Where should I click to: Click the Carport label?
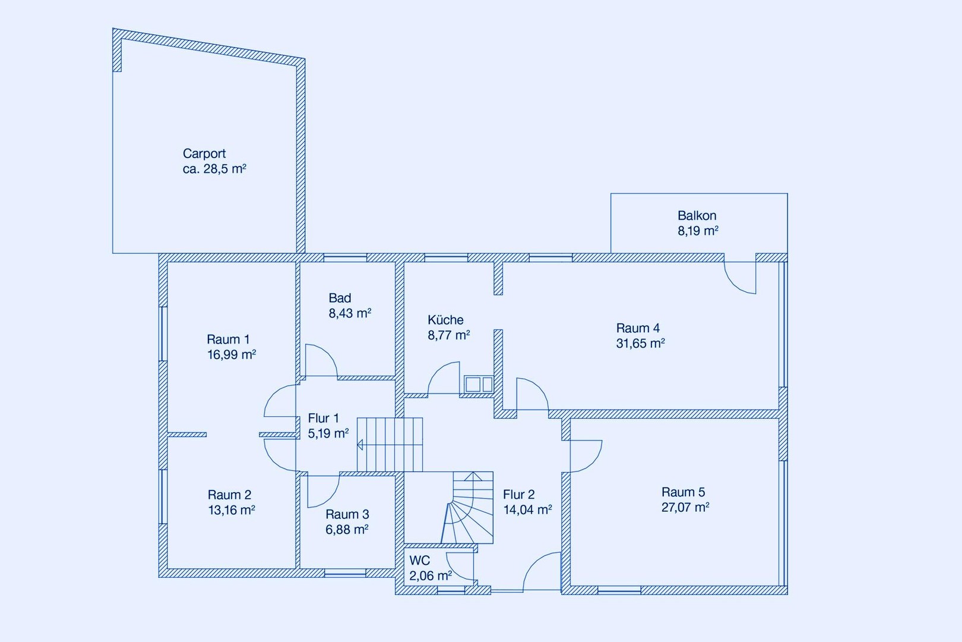204,153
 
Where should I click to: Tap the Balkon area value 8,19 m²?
698,231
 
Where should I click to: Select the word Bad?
340,298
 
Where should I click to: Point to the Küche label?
445,320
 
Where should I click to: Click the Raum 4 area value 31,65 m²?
640,343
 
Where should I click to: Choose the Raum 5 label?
683,492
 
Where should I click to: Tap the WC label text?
420,561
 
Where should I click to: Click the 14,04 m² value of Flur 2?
527,509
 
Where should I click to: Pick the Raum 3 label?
347,514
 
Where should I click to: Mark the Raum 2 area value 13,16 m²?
232,510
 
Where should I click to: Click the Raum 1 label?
228,339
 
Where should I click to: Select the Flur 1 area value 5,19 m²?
328,433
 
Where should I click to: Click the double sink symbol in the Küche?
479,385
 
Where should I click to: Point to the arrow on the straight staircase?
360,445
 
